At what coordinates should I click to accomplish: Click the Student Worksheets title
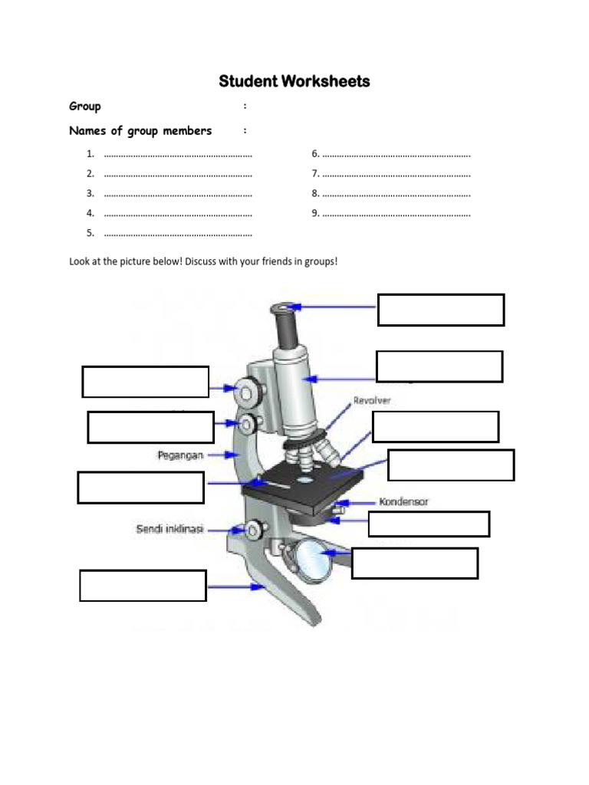pos(294,81)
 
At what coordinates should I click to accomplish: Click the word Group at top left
pos(85,106)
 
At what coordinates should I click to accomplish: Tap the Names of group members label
pos(140,130)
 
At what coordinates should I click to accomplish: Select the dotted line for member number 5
pos(178,233)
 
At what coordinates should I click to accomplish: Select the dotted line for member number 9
pos(396,213)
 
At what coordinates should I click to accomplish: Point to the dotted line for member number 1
pos(178,154)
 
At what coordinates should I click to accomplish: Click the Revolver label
pos(372,400)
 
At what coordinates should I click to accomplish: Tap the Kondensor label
pos(403,502)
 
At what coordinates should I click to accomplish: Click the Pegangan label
pos(180,455)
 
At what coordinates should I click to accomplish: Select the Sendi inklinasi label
pos(169,529)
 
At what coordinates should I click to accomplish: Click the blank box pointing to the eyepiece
pos(441,310)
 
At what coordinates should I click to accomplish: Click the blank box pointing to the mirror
pos(415,563)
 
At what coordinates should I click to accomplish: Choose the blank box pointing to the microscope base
pos(143,586)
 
